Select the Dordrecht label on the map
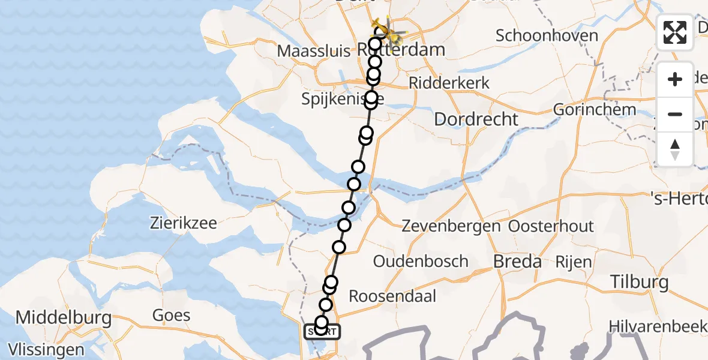point(476,119)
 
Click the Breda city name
point(517,262)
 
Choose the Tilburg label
point(639,281)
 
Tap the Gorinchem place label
point(586,110)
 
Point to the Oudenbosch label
point(421,262)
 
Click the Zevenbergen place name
point(451,226)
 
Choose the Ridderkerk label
point(449,83)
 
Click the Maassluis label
point(314,50)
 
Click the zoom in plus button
point(675,79)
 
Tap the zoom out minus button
point(675,114)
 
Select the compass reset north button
point(675,149)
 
